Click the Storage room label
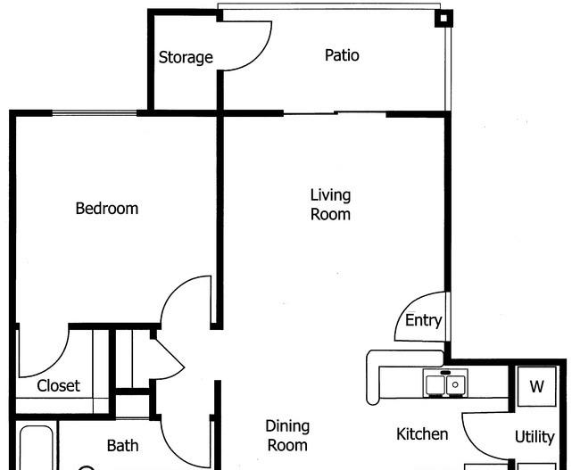tap(186, 58)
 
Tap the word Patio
tap(342, 55)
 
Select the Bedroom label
tap(107, 208)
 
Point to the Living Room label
tap(330, 204)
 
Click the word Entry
tap(423, 320)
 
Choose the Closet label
tap(58, 385)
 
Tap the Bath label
tap(123, 445)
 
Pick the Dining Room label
tap(287, 435)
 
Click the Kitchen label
tap(422, 433)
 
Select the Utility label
tap(534, 437)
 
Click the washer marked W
tap(536, 386)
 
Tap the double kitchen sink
tap(446, 383)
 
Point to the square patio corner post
tap(443, 18)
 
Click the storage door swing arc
tap(259, 55)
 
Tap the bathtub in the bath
tap(37, 448)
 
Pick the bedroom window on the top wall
tap(95, 112)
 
